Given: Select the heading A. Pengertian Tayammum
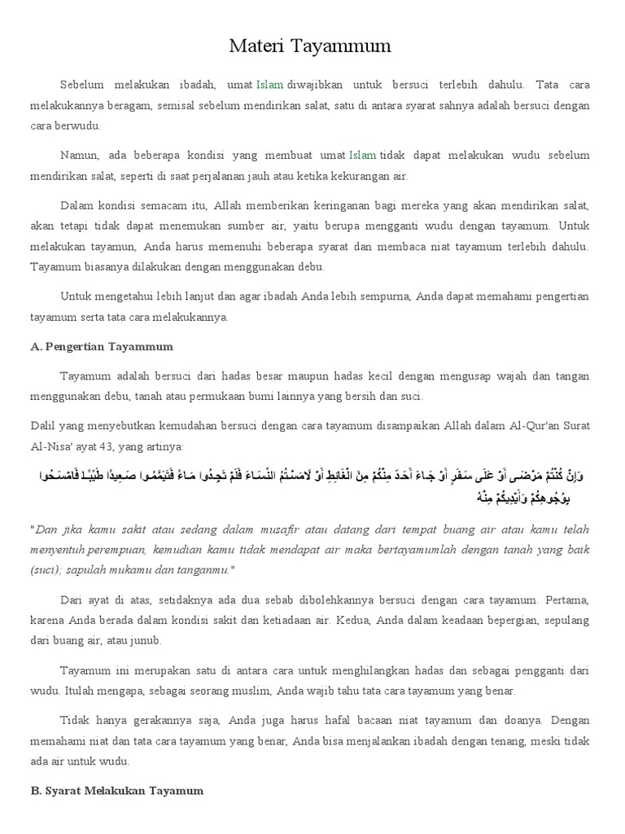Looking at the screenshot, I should click(x=102, y=346).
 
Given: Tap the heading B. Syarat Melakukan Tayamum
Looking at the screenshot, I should click(x=116, y=790).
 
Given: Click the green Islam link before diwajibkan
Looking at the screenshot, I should click(x=270, y=85).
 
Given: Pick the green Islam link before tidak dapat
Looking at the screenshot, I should click(x=363, y=155).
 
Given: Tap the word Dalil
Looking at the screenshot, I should click(x=42, y=425).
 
